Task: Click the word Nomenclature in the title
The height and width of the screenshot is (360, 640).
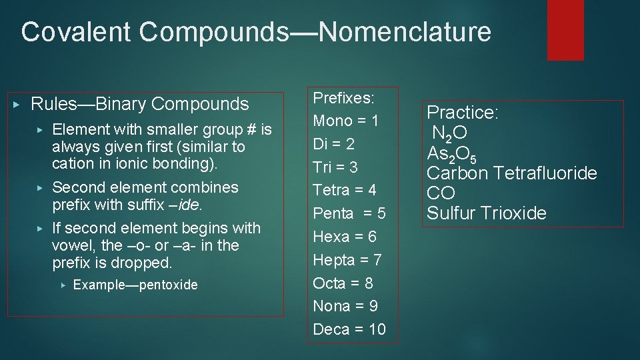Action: click(405, 31)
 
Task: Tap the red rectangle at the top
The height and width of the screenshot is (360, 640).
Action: click(565, 29)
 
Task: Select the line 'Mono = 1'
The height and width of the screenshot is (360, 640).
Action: click(345, 121)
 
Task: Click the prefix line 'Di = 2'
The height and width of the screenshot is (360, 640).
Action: click(334, 144)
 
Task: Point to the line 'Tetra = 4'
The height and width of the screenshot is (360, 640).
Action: click(345, 190)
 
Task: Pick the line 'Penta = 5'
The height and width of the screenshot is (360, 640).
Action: click(349, 213)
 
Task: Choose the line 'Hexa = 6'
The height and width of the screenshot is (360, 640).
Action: click(344, 237)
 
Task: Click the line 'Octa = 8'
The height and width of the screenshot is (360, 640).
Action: click(343, 283)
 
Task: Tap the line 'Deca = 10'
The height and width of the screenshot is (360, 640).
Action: click(349, 329)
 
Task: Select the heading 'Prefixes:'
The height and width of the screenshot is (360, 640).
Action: click(343, 98)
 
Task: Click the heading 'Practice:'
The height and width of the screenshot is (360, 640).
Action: click(462, 113)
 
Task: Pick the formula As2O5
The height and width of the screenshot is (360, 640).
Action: click(451, 154)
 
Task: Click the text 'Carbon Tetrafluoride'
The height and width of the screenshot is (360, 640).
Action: click(511, 173)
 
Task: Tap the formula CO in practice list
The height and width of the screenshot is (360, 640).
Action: click(441, 193)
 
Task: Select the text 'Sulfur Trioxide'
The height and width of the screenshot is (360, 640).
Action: click(486, 213)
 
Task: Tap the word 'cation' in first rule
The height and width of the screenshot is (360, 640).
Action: click(72, 163)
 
